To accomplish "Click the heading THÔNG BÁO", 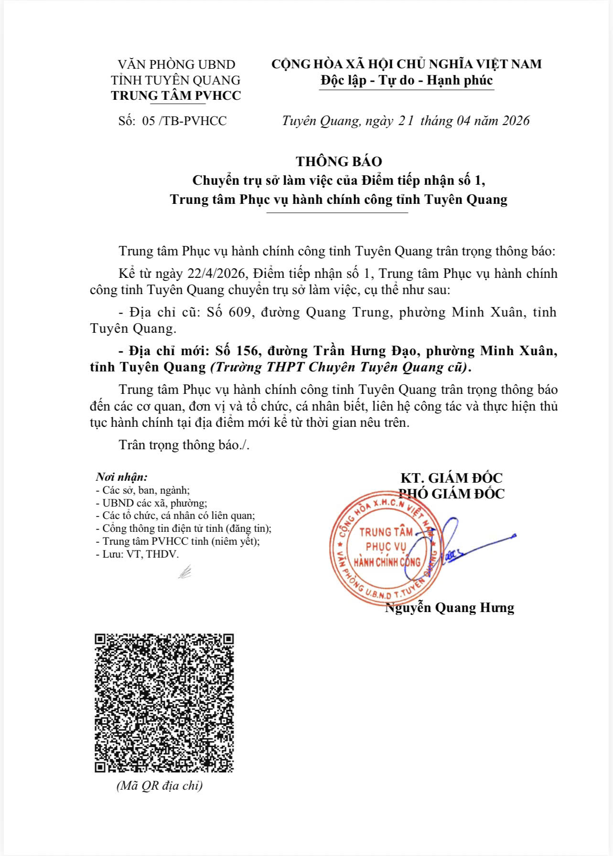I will pos(338,161).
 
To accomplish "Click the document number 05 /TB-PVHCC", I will pos(184,121).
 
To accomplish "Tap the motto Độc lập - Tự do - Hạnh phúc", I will pos(406,80).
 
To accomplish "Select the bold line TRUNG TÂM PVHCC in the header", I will pos(176,95).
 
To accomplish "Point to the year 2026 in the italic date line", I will pos(516,121).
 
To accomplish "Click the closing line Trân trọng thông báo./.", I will pos(184,445).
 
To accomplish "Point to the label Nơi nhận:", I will pos(122,477).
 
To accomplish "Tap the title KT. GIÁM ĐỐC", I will pos(451,478).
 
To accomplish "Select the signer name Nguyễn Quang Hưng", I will pos(450,608).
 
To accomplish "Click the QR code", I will pos(164,703).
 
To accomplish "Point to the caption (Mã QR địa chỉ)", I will pos(160,785).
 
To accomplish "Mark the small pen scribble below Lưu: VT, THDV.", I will pos(185,571).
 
